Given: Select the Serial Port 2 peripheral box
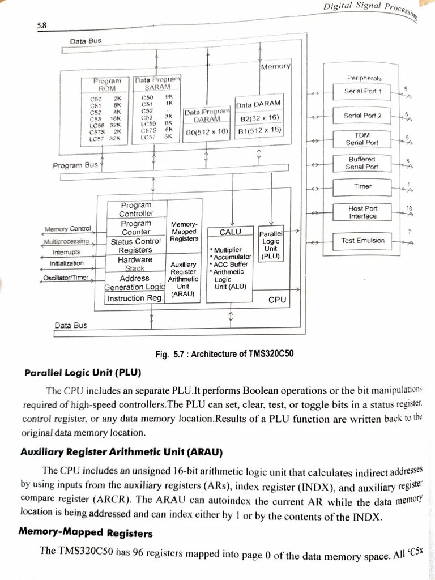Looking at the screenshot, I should pos(362,116).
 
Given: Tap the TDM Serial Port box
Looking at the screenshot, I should pos(362,139).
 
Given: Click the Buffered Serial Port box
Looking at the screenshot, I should pos(362,163).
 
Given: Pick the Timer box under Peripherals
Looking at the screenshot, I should pos(362,186).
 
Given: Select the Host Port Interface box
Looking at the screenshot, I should pos(362,212).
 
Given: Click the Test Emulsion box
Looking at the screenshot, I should pos(362,240).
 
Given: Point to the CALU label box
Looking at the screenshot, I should pos(230,232).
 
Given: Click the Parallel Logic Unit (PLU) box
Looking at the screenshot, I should pos(271,245).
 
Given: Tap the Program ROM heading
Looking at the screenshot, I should pos(107,85).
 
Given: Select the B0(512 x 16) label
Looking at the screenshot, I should pos(207,131).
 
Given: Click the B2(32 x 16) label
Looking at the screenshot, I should pos(259,118).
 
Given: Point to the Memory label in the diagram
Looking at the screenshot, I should pos(275,67).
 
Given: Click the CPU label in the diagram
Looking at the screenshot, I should pos(277,299).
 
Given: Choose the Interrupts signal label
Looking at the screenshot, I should pos(66,252).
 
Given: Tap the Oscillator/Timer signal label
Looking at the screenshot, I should pos(66,278).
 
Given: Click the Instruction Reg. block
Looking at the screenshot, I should pos(135,298).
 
